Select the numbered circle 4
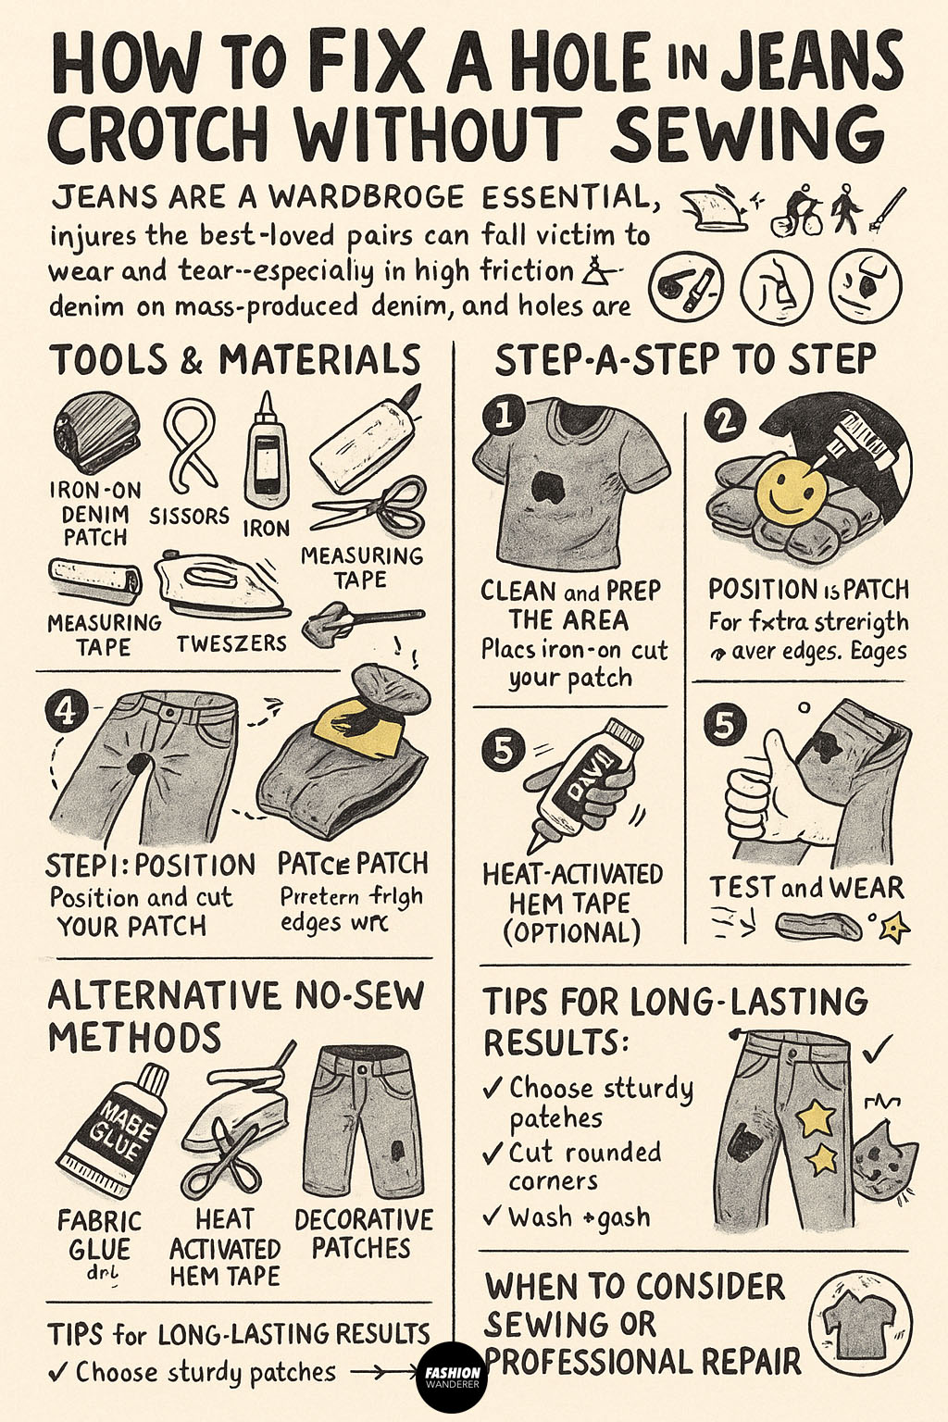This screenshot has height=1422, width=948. click(x=65, y=711)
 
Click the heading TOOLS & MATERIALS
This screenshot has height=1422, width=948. click(x=235, y=360)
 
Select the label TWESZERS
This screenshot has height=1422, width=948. click(x=231, y=642)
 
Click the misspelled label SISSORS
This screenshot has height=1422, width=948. click(x=189, y=516)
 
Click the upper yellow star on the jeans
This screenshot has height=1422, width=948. click(x=816, y=1118)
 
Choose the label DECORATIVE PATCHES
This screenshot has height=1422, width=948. click(x=363, y=1233)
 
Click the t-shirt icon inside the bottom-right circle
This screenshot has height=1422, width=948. click(x=860, y=1324)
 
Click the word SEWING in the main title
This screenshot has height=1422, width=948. click(x=746, y=137)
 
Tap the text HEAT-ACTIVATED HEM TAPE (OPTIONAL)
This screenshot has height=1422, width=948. click(x=572, y=903)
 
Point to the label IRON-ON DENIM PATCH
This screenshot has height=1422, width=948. click(x=95, y=514)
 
